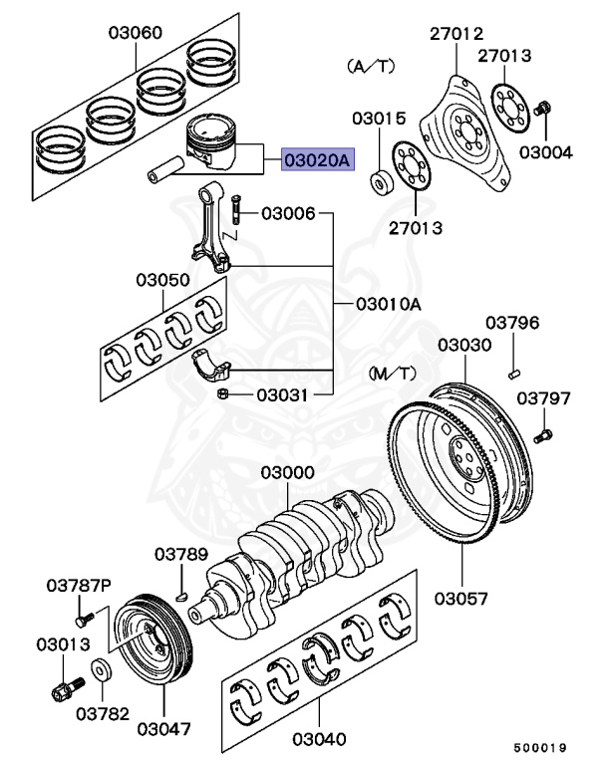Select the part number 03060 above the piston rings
[136, 33]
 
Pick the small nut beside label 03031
[225, 395]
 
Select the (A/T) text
[371, 66]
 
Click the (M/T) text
[393, 374]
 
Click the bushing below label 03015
[379, 182]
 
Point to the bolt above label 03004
[543, 107]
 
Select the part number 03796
[512, 323]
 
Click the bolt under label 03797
[542, 433]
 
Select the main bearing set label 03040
[319, 739]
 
